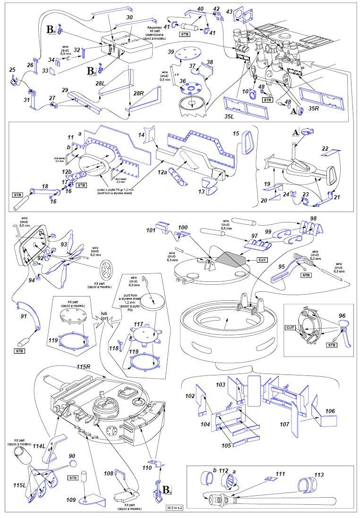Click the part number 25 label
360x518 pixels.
(12, 70)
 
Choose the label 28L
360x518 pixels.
(100, 84)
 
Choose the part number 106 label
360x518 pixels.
(329, 411)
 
